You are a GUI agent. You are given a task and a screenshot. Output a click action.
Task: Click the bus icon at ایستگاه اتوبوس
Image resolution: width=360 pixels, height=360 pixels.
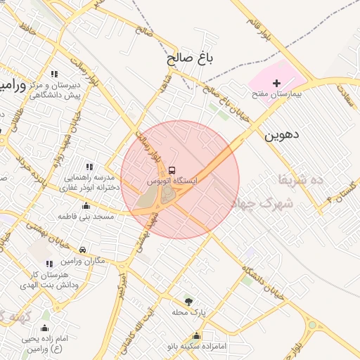point(172,170)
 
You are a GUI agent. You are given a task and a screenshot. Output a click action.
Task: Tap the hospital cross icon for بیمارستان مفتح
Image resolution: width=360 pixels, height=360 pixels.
point(276,83)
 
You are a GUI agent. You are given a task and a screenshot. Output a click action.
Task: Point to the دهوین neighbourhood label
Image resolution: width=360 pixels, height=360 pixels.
point(281,136)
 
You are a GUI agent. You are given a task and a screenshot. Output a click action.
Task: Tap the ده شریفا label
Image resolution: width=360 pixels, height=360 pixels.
point(300,180)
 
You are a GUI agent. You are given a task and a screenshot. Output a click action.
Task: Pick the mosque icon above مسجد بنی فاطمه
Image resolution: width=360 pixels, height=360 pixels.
point(86,206)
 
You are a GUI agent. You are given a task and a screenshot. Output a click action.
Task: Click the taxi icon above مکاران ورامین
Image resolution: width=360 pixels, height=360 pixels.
point(83,250)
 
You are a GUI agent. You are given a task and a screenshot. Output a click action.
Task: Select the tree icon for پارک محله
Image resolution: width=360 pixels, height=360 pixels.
point(187,300)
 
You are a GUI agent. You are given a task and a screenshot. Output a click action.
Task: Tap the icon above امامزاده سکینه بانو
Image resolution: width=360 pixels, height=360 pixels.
point(196,336)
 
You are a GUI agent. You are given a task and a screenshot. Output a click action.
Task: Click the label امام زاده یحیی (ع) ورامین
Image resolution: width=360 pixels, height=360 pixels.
point(46,344)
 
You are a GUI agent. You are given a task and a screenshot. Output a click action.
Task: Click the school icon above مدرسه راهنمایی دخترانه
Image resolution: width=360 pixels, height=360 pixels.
point(89,167)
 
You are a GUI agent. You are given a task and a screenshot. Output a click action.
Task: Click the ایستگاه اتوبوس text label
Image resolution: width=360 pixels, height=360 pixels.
point(172,181)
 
